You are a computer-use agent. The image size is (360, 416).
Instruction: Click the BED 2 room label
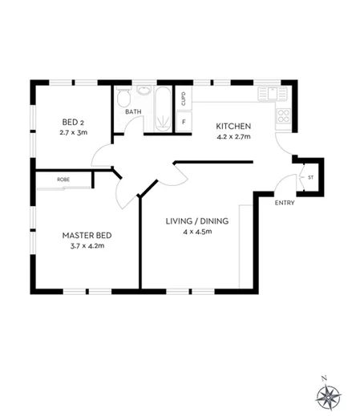pyautogui.click(x=72, y=122)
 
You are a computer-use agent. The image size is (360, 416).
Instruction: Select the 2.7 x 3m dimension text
pyautogui.click(x=73, y=132)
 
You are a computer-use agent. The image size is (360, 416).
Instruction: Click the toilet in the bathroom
pyautogui.click(x=123, y=97)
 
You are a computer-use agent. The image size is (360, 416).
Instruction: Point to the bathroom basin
pyautogui.click(x=144, y=90)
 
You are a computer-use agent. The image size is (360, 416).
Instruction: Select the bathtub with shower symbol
pyautogui.click(x=162, y=108)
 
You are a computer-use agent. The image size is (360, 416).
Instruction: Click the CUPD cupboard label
pyautogui.click(x=184, y=99)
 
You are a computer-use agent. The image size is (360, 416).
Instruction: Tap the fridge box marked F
pyautogui.click(x=184, y=122)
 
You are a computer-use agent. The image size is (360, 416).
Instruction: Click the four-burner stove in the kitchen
pyautogui.click(x=283, y=115)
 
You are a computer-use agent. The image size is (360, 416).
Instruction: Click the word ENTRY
pyautogui.click(x=284, y=203)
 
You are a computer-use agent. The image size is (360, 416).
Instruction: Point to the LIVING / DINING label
pyautogui.click(x=197, y=221)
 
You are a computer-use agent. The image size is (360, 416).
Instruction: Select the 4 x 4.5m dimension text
pyautogui.click(x=197, y=232)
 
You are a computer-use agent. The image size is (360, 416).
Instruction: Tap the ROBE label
pyautogui.click(x=63, y=180)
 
